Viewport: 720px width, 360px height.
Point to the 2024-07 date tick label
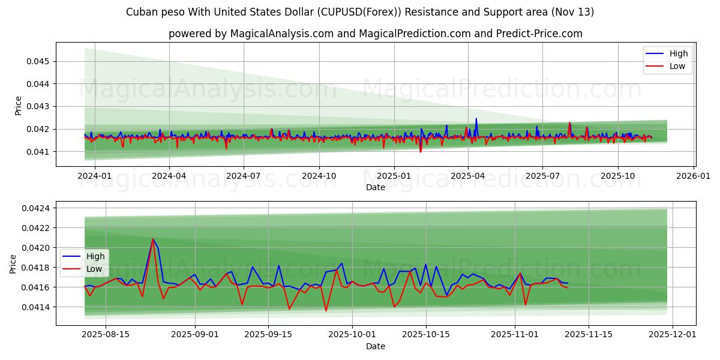pos(243,176)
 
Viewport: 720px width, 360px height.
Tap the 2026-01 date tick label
pos(694,176)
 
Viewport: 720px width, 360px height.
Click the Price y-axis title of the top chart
pos(18,106)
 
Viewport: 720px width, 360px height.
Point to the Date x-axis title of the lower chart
pos(376,346)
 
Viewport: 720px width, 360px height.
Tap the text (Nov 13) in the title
pos(572,12)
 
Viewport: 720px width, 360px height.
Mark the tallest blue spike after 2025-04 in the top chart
pos(476,119)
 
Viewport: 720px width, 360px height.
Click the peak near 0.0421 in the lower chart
pos(152,239)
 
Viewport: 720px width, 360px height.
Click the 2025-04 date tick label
pos(468,176)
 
